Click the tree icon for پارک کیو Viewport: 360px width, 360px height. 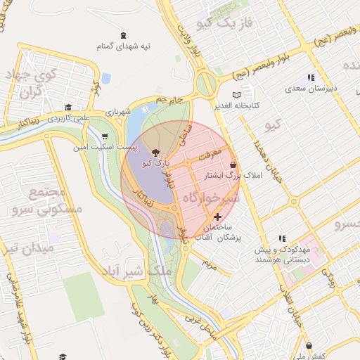point(155,152)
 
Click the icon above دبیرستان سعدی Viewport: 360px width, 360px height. point(311,77)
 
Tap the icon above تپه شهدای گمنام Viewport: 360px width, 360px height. point(124,35)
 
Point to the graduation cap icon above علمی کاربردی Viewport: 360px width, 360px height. point(68,108)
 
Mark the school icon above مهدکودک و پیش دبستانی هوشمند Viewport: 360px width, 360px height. point(283,239)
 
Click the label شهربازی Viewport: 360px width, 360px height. point(119,112)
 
